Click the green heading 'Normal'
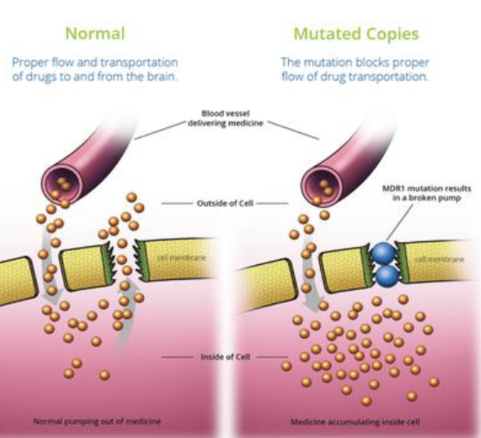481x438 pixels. click(x=96, y=34)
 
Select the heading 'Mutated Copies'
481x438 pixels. click(x=356, y=34)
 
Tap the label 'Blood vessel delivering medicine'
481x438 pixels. click(x=226, y=118)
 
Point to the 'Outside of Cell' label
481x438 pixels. click(x=225, y=203)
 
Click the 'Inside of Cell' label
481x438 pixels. click(x=225, y=357)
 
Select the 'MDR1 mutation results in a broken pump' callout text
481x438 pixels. click(x=427, y=193)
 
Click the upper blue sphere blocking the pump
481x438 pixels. click(x=383, y=253)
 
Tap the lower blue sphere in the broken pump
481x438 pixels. click(x=387, y=275)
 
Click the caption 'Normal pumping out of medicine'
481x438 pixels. click(x=96, y=421)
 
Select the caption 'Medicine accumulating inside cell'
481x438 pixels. click(x=355, y=422)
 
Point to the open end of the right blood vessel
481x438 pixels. click(x=321, y=184)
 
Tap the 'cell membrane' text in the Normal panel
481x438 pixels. click(x=181, y=258)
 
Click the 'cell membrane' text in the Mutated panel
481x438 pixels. click(x=439, y=260)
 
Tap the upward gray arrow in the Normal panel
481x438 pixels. click(x=125, y=313)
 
